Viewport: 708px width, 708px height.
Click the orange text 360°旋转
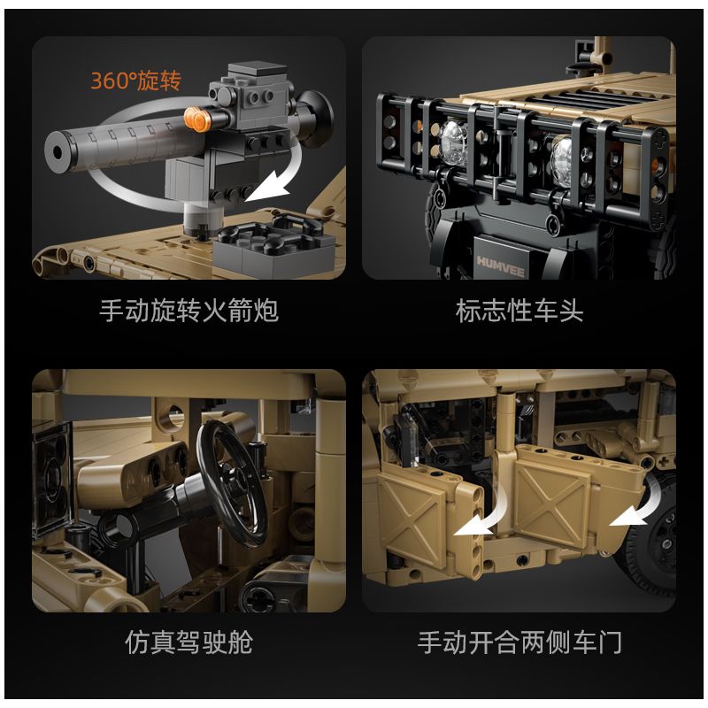[x=136, y=81]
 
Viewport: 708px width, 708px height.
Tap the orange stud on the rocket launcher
[x=197, y=119]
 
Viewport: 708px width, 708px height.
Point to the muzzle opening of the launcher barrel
[x=58, y=152]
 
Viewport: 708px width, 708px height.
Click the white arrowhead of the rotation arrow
[x=266, y=189]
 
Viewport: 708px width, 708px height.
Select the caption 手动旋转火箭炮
[x=189, y=311]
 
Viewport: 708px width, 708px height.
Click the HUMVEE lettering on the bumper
[x=500, y=265]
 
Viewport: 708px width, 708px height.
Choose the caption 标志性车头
[x=519, y=311]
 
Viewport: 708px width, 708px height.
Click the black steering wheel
[x=234, y=483]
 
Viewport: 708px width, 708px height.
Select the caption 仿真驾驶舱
[x=189, y=643]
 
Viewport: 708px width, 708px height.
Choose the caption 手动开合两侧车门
[x=519, y=643]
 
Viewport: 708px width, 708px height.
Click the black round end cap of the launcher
[x=315, y=113]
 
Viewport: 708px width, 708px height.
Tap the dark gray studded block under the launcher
[x=274, y=249]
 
